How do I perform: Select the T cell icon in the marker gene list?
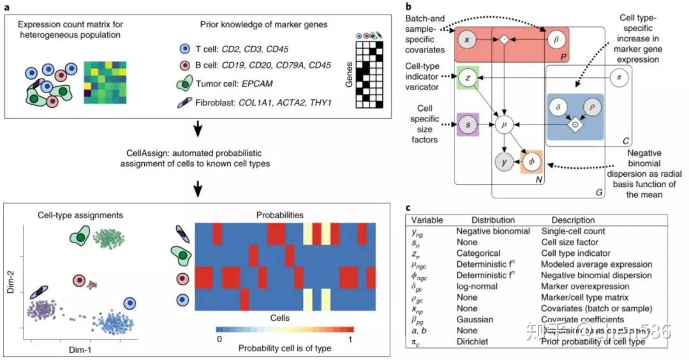coord(184,48)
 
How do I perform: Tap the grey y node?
coord(505,163)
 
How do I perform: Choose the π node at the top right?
coord(617,78)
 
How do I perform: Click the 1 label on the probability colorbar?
coord(351,339)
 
